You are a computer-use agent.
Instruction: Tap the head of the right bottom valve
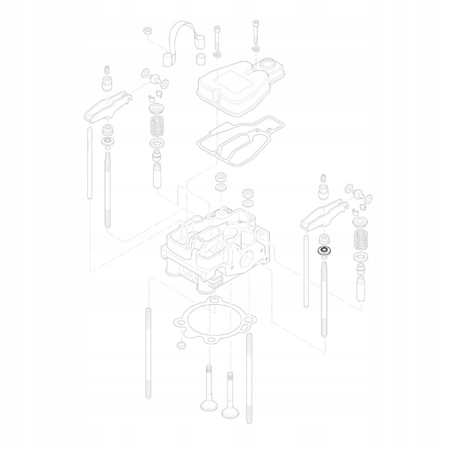(229, 412)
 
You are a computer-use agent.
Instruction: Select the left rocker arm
(107, 107)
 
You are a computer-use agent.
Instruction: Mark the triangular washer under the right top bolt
(256, 49)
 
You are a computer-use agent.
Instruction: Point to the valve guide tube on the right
(360, 286)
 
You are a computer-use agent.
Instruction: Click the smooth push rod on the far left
(89, 163)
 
